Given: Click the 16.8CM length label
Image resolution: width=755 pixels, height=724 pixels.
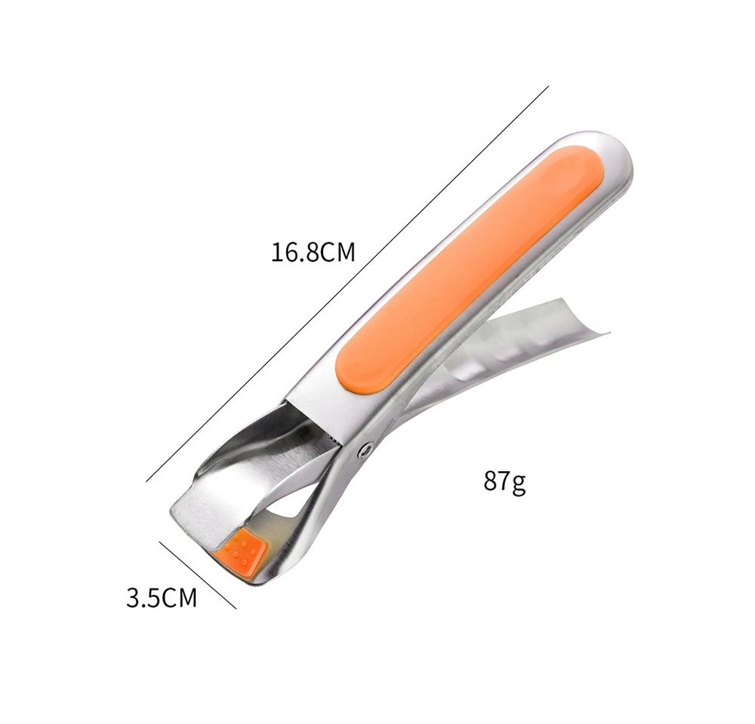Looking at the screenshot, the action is coord(313,252).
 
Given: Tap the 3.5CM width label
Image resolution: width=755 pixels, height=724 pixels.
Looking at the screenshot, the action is coord(162,597).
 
